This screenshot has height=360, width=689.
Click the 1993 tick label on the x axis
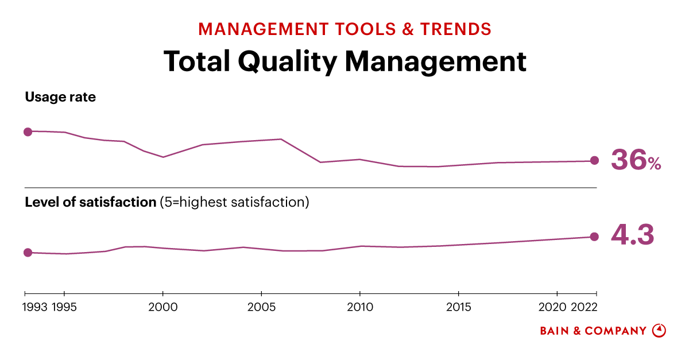click(x=36, y=307)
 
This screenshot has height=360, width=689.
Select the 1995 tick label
click(x=64, y=307)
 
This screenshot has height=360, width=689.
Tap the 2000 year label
click(x=163, y=307)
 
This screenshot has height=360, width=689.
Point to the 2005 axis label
click(x=261, y=307)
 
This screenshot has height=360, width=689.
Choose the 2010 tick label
click(x=359, y=307)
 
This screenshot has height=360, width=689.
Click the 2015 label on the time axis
click(x=458, y=307)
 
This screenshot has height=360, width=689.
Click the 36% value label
click(x=636, y=160)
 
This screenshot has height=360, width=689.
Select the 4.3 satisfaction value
click(x=632, y=235)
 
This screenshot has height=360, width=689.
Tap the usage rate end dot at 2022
click(x=595, y=161)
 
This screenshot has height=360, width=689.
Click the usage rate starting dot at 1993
click(x=28, y=131)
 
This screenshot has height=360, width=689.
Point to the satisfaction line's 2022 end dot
click(x=595, y=237)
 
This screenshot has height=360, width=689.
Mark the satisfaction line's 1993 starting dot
click(x=28, y=253)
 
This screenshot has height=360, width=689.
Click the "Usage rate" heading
click(x=60, y=97)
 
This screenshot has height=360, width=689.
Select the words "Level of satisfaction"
click(x=91, y=202)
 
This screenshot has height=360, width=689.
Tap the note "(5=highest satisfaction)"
click(x=234, y=202)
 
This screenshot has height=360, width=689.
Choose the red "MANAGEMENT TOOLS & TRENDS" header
click(x=344, y=29)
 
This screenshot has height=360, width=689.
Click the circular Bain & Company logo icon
click(x=659, y=331)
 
